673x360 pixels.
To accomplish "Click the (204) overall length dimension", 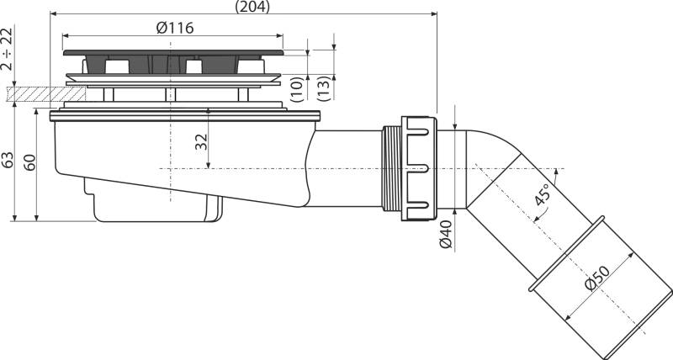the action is (252, 7).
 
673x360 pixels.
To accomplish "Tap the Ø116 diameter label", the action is (175, 29).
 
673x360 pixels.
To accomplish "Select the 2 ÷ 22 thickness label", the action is (8, 49).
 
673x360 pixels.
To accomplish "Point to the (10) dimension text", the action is (297, 89).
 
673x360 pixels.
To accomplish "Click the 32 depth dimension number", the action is (201, 142).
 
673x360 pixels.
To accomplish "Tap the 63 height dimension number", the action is (8, 160).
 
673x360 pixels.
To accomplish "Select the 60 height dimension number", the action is (29, 162).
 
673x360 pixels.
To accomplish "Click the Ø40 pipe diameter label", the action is (447, 235).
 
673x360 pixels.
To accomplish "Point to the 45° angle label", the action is (542, 194).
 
